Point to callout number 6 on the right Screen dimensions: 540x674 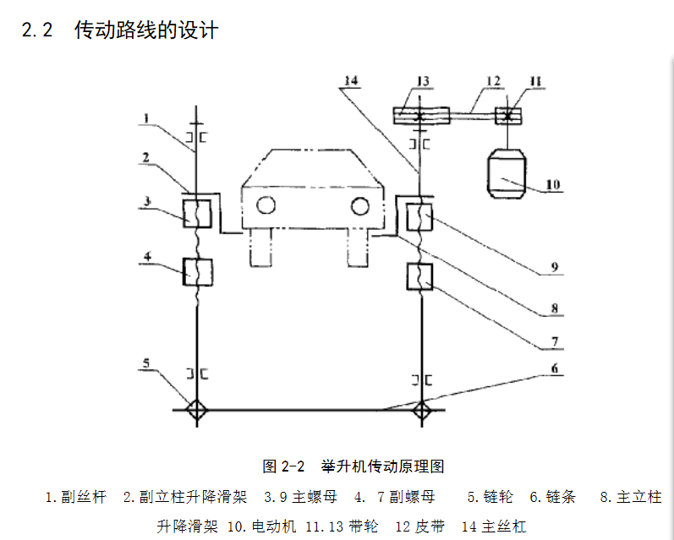tap(555, 368)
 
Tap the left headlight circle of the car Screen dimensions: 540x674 tap(266, 205)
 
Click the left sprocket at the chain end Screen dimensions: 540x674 tap(196, 411)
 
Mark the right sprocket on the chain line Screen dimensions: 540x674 tap(421, 411)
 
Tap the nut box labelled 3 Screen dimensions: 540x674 tap(197, 211)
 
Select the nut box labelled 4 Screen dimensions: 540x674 tap(197, 272)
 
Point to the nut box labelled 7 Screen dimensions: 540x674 tap(421, 276)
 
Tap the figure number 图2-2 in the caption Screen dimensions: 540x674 tap(282, 466)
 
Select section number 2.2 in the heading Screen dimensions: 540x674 tap(37, 30)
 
